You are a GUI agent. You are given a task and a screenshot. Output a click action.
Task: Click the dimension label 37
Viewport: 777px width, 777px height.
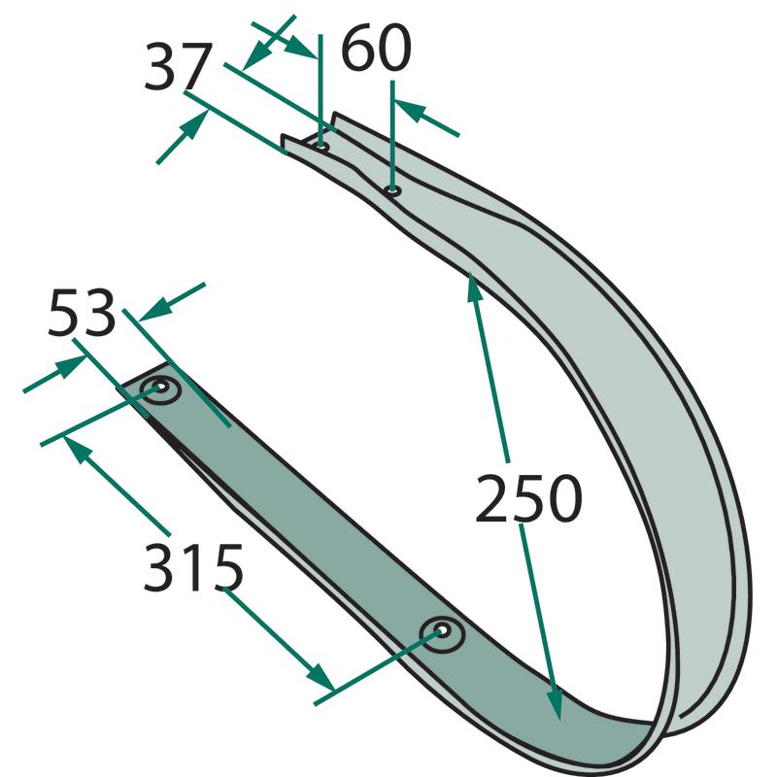click(x=178, y=68)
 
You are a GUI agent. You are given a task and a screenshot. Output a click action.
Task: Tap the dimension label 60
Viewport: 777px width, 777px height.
click(x=376, y=51)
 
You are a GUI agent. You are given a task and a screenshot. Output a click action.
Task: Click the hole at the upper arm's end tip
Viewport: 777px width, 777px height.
click(x=321, y=147)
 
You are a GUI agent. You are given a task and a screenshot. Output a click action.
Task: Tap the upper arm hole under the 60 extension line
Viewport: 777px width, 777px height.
click(x=392, y=189)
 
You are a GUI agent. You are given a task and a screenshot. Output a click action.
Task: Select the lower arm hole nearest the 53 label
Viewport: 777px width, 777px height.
click(x=159, y=391)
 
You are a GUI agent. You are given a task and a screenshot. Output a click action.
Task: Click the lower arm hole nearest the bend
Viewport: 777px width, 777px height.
click(x=442, y=634)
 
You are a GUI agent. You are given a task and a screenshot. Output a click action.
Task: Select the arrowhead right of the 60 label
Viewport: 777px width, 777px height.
click(x=409, y=110)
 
